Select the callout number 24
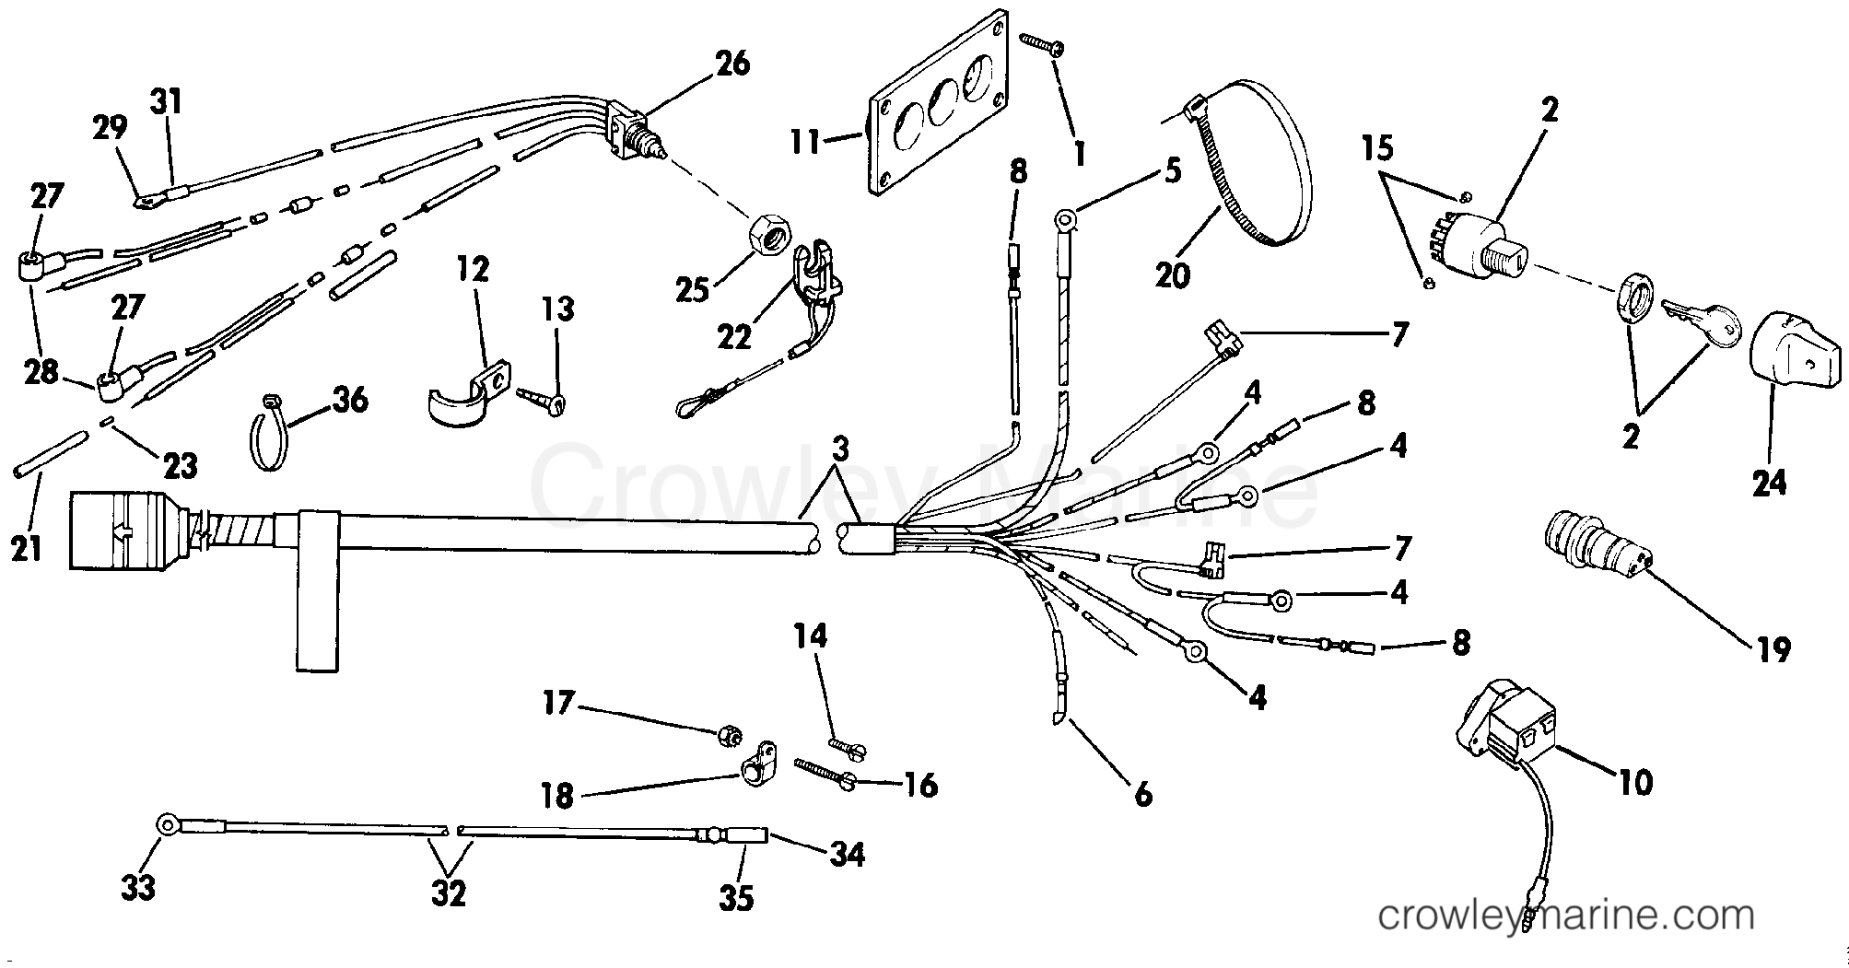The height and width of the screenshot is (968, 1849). tap(1769, 482)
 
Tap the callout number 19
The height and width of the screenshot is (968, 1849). tap(1773, 648)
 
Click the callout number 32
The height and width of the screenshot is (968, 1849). tap(449, 892)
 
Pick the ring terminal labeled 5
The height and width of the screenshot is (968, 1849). tap(1064, 219)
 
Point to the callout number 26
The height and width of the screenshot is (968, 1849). tap(732, 64)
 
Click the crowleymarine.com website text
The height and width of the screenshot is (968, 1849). tap(1565, 916)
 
